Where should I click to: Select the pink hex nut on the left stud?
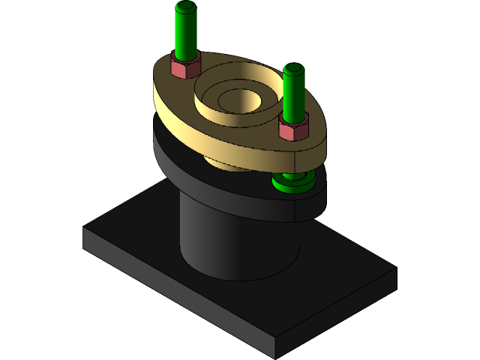point(184,67)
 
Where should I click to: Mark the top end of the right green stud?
point(295,68)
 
